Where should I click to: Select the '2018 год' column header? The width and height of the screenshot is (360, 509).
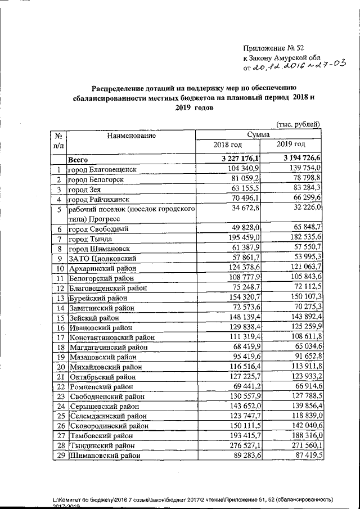pyautogui.click(x=227, y=146)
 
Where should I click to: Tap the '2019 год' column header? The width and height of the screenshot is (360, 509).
pyautogui.click(x=291, y=146)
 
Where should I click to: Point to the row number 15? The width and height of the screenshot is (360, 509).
pyautogui.click(x=58, y=318)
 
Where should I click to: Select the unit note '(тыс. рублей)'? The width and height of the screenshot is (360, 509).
pyautogui.click(x=298, y=124)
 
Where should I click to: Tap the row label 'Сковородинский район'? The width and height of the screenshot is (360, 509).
pyautogui.click(x=106, y=426)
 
